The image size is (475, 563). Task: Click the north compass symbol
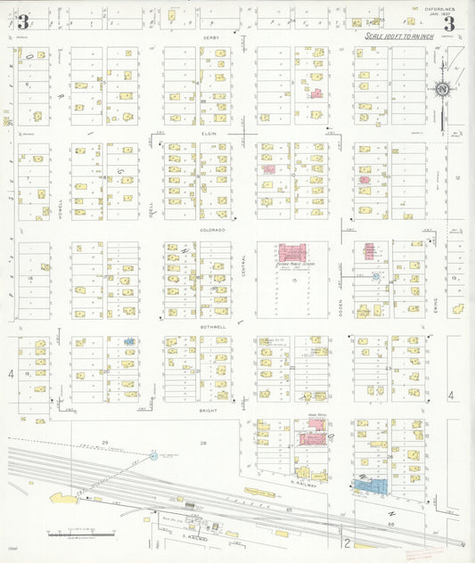[442, 89]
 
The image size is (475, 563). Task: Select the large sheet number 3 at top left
[22, 23]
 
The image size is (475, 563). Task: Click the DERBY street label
[211, 37]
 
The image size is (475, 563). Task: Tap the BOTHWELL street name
[211, 327]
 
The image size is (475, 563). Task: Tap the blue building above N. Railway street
[373, 485]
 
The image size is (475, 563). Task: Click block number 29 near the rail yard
[104, 443]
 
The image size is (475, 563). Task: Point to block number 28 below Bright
[202, 443]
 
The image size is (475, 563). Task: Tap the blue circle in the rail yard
[153, 456]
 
